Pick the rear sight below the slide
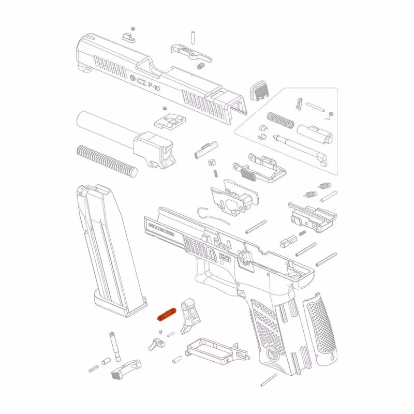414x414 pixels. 169,122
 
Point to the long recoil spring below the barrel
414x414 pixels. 107,159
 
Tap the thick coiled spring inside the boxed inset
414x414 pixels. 280,120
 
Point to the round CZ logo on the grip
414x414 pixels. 272,354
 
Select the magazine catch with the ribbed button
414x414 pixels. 125,369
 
